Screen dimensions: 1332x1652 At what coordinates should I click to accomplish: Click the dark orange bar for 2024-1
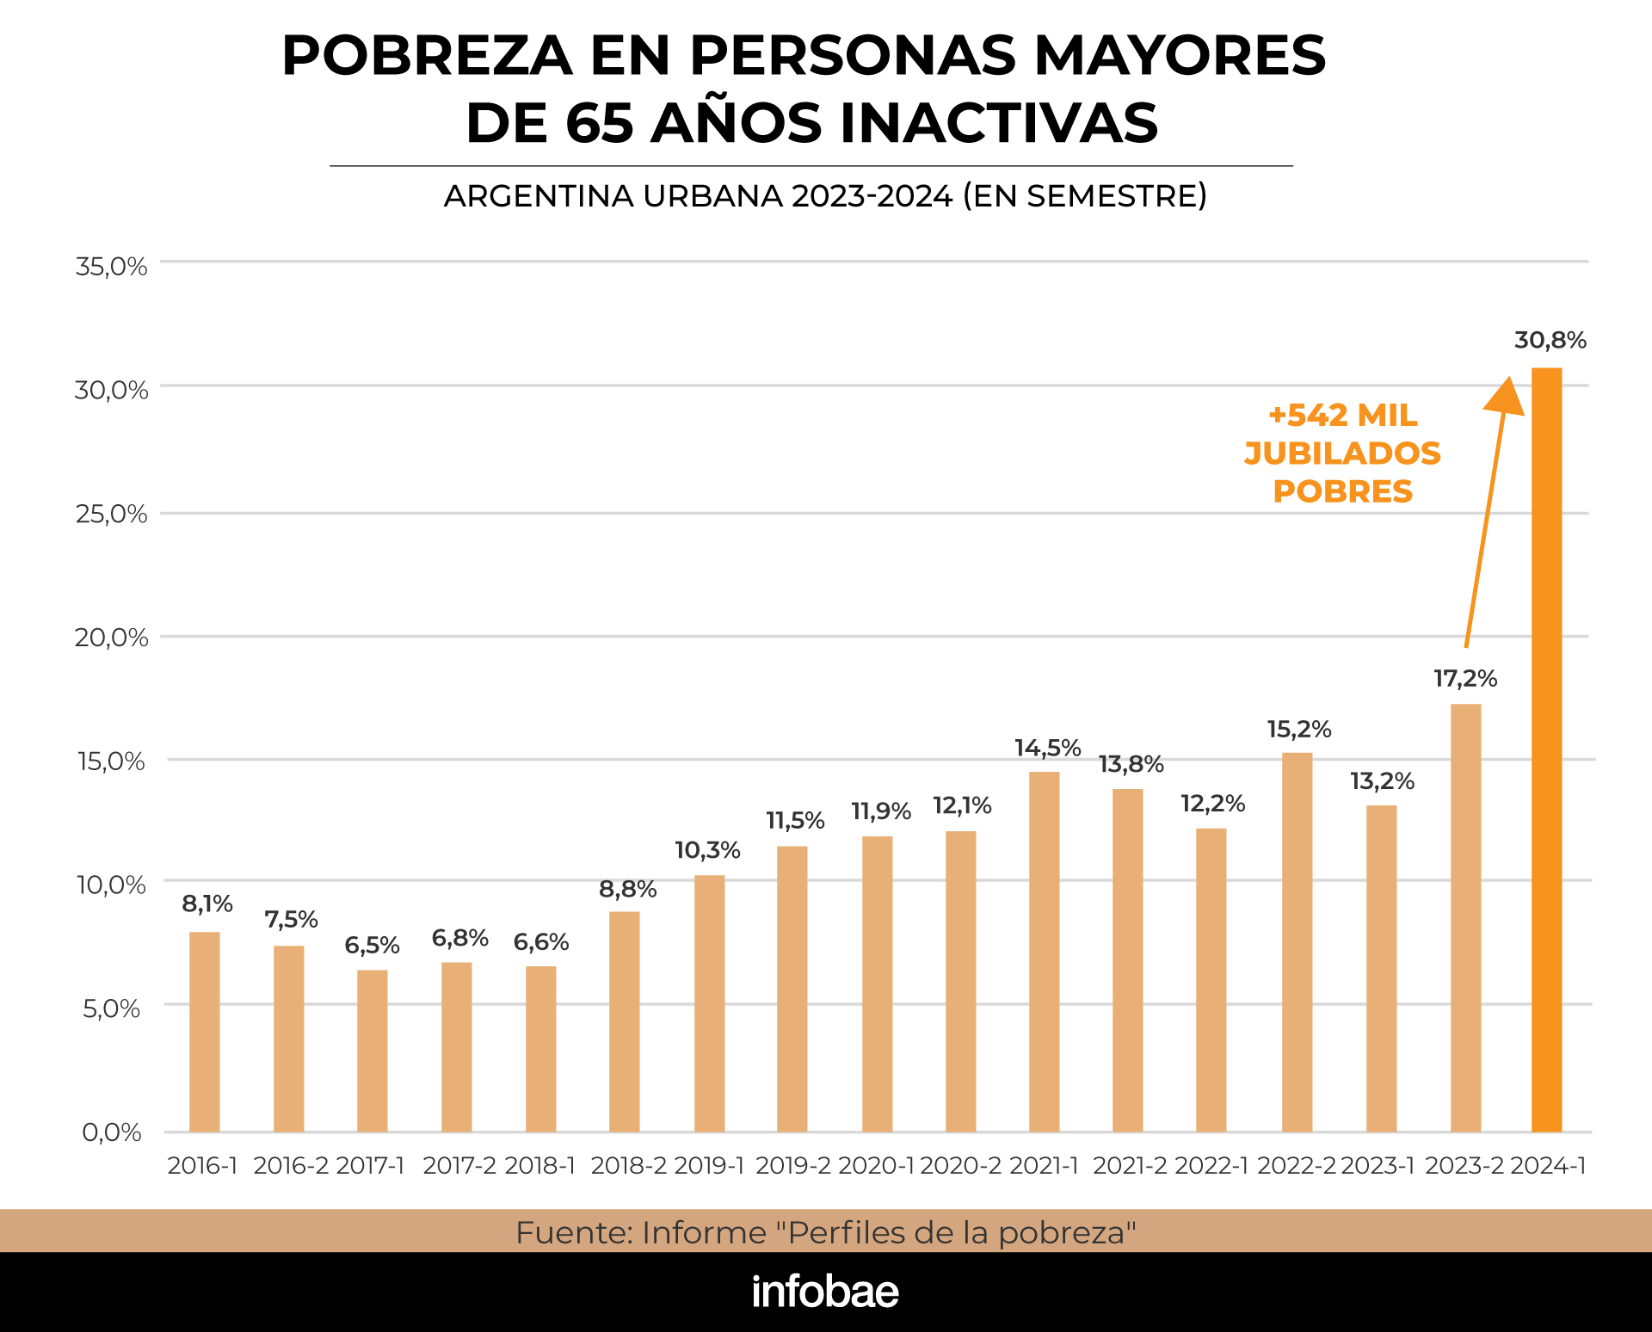(x=1546, y=749)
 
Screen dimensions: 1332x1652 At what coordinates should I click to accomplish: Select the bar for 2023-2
(x=1465, y=917)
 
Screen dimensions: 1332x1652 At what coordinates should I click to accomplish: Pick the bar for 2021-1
(x=1044, y=951)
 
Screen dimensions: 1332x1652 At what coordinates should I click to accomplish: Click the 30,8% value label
(x=1550, y=341)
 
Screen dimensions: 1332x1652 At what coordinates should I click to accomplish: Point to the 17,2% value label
(x=1464, y=679)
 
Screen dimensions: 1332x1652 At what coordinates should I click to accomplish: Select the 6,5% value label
(x=372, y=946)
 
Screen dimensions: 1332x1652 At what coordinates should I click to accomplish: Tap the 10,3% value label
(x=707, y=850)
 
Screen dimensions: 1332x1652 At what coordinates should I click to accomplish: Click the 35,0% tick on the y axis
(x=111, y=267)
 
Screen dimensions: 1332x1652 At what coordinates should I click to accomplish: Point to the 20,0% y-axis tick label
(x=111, y=638)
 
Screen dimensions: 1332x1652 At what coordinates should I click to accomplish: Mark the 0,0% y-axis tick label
(x=112, y=1132)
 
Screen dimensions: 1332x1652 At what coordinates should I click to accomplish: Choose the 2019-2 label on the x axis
(x=792, y=1166)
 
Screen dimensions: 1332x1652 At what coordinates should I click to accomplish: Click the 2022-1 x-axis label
(x=1211, y=1166)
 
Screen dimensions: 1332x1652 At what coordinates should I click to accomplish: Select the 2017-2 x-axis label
(x=459, y=1166)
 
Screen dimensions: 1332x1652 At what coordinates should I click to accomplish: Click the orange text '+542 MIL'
(x=1342, y=416)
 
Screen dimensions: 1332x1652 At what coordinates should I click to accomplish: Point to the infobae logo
(x=825, y=1292)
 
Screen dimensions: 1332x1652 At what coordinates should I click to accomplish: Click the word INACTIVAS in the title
(x=999, y=122)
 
